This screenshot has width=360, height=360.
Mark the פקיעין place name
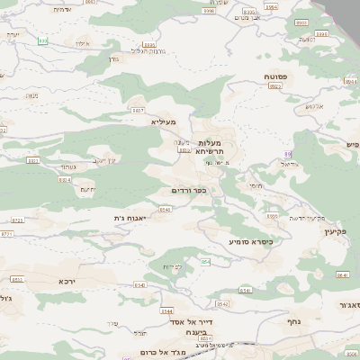(x=346, y=231)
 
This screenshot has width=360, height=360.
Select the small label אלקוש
(x=313, y=106)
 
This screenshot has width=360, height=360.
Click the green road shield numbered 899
(x=42, y=40)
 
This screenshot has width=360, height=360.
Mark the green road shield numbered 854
(x=205, y=261)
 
